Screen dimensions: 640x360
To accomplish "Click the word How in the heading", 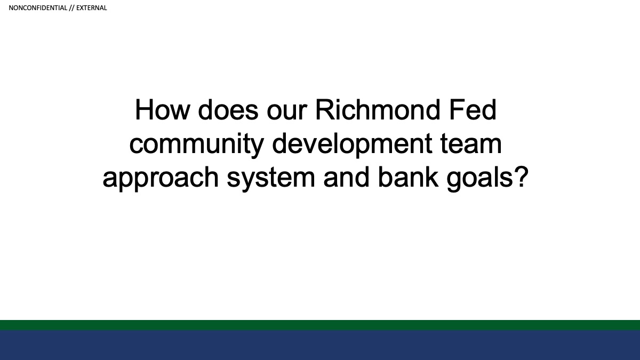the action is pyautogui.click(x=163, y=109).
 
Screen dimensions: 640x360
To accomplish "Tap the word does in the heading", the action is pyautogui.click(x=228, y=109).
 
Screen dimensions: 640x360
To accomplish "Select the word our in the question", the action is pyautogui.click(x=287, y=113).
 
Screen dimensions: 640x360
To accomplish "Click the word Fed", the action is pyautogui.click(x=473, y=109).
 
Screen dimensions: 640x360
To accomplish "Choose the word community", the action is pyautogui.click(x=197, y=145).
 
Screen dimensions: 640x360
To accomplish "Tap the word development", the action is pyautogui.click(x=352, y=145).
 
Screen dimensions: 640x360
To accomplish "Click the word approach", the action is pyautogui.click(x=161, y=179).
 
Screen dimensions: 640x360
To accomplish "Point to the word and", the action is pyautogui.click(x=346, y=177).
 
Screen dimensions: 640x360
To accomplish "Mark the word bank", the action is pyautogui.click(x=408, y=177).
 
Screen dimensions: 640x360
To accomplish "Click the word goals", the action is pyautogui.click(x=479, y=179).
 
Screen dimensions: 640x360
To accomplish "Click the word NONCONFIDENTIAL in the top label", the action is pyautogui.click(x=38, y=8).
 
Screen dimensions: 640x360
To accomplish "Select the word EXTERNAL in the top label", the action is pyautogui.click(x=91, y=8).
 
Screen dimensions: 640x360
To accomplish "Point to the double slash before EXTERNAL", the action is pyautogui.click(x=71, y=8).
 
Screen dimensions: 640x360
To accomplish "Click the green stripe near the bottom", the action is pyautogui.click(x=320, y=325).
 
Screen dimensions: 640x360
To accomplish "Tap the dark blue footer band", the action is pyautogui.click(x=320, y=345).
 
